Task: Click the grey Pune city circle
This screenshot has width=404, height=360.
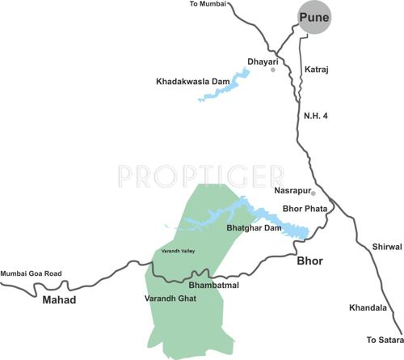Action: (x=314, y=18)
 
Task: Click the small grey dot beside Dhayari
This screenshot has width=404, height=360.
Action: (x=273, y=70)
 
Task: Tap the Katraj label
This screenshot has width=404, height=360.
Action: (x=317, y=70)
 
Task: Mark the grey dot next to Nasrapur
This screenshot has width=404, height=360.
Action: (x=314, y=193)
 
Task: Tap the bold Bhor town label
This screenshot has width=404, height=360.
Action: (x=309, y=261)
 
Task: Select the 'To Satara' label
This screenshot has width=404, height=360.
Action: (x=383, y=340)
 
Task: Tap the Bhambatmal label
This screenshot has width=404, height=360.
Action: (x=213, y=286)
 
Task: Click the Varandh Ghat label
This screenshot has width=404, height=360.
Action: (x=170, y=298)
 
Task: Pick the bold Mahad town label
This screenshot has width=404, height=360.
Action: (x=59, y=300)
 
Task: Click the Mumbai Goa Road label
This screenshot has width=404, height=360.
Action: (x=32, y=274)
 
